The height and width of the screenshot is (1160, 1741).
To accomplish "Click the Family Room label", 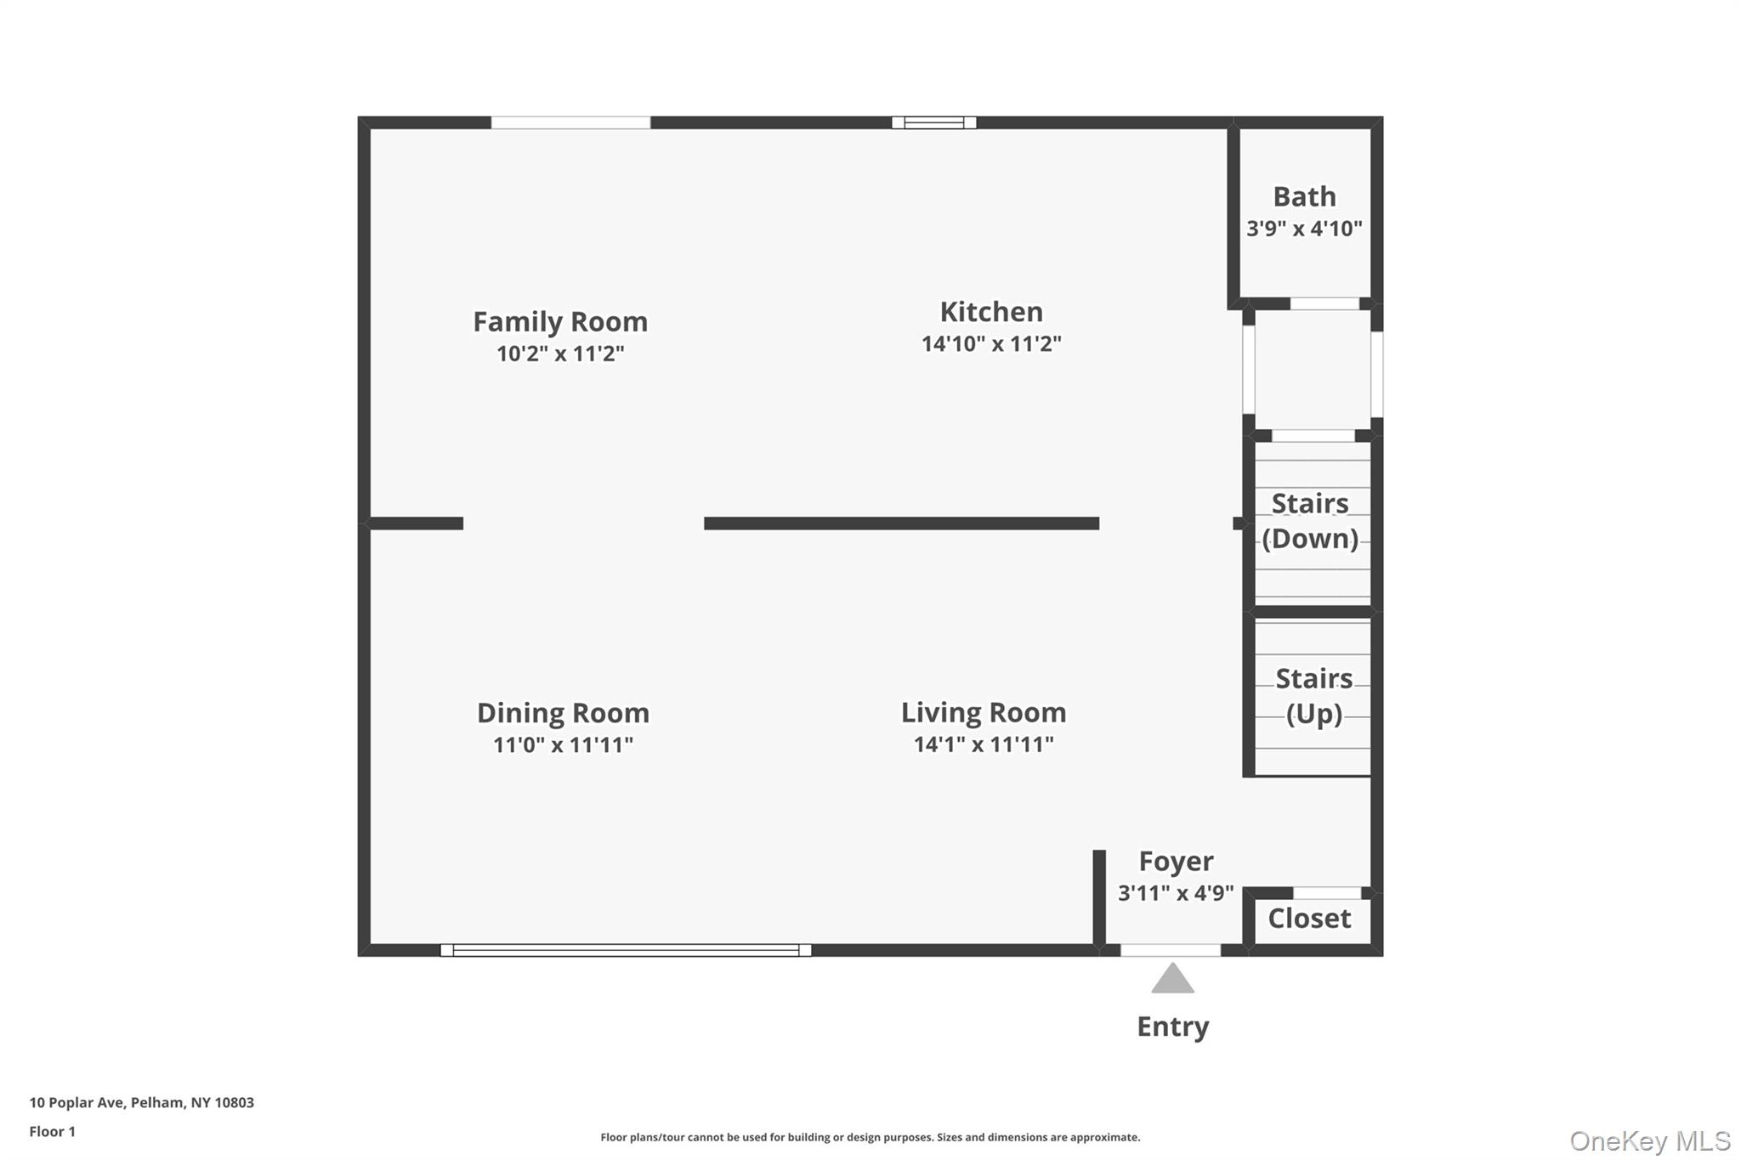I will (560, 322).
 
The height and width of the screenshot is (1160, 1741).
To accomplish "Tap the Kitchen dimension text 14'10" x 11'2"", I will (991, 344).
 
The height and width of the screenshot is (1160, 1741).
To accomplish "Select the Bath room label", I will (1304, 197).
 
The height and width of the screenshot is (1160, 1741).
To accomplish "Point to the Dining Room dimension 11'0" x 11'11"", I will (563, 745).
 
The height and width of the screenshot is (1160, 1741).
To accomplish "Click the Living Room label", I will (984, 712).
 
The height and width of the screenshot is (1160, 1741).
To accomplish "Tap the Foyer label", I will (1176, 861).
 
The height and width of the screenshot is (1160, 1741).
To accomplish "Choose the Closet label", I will (1309, 919).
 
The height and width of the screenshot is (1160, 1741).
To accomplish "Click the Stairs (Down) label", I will (1310, 521).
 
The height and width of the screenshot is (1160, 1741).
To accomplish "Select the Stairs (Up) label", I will (1313, 696).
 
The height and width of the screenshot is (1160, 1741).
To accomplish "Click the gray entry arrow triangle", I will (1173, 980).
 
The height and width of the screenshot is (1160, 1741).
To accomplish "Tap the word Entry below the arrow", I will (1173, 1027).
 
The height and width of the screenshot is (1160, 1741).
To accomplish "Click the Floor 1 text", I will (53, 1132).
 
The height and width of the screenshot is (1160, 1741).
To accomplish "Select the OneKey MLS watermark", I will (1650, 1140).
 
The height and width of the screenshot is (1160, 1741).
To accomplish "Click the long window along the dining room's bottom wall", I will (626, 950).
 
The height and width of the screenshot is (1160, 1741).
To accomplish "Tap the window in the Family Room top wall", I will (570, 122).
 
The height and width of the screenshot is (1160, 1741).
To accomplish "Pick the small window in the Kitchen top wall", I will (933, 122).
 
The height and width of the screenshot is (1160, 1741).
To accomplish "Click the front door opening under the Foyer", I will (1171, 950).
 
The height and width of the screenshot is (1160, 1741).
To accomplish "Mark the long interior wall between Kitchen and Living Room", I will (901, 523).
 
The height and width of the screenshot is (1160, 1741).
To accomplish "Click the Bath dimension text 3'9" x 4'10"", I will (1304, 229).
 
